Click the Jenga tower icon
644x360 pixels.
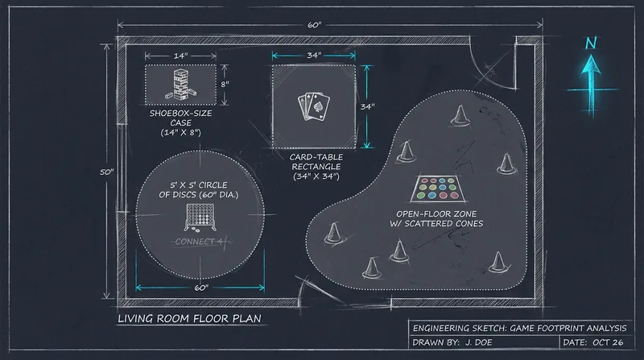[180, 85]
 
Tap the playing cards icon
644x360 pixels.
[314, 107]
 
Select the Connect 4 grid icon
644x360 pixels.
[199, 217]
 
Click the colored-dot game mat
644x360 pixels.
[439, 189]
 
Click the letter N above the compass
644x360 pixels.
[591, 43]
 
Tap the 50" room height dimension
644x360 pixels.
[106, 172]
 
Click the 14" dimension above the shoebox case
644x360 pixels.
[180, 56]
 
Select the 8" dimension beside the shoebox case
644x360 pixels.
[225, 85]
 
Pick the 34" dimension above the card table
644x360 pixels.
[314, 55]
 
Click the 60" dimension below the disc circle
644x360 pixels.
[200, 288]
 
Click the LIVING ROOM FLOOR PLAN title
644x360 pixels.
[189, 318]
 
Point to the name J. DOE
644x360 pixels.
[478, 342]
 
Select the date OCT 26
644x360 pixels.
[608, 342]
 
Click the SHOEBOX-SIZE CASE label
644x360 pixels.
[180, 122]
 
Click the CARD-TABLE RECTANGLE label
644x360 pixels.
[316, 167]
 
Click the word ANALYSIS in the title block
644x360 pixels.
[606, 328]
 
